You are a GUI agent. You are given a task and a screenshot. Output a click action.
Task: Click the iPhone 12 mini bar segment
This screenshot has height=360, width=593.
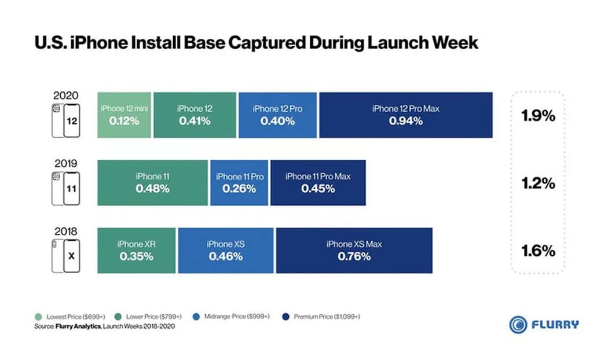pos(125,115)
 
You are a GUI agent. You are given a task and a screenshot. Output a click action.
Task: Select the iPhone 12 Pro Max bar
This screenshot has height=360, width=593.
pos(405,115)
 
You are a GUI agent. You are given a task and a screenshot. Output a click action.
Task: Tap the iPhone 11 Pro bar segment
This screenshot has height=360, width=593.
pos(239,183)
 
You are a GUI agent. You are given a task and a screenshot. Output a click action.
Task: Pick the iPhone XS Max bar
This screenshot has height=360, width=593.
pos(354,250)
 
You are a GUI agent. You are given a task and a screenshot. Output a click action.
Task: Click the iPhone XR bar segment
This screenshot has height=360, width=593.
pos(136,250)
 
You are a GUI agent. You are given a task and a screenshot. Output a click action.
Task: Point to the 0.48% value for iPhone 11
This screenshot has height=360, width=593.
pos(152,189)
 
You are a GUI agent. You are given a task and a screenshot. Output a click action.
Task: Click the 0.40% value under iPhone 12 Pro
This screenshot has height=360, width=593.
pos(277,122)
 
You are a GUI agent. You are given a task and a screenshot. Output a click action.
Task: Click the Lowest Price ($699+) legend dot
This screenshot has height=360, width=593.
pos(38,317)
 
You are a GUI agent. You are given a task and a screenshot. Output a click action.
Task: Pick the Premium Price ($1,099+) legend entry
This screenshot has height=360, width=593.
pos(321,317)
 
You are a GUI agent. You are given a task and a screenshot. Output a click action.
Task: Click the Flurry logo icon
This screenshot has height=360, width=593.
pos(518,324)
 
